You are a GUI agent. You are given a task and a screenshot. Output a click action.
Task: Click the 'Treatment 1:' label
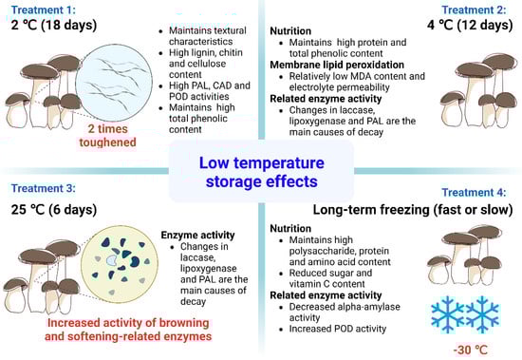tap(44, 9)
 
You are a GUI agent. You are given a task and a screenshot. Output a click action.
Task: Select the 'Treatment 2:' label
tap(474, 9)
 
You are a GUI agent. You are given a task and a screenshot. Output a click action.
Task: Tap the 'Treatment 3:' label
tap(44, 188)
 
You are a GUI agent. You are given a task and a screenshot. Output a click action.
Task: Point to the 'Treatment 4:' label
tap(474, 192)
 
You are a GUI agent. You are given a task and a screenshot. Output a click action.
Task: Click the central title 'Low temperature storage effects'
tap(261, 172)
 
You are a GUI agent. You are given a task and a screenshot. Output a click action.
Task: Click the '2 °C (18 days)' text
tap(54, 25)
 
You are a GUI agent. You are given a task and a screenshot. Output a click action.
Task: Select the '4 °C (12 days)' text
tap(470, 25)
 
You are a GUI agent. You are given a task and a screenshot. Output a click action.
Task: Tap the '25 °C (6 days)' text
tap(54, 210)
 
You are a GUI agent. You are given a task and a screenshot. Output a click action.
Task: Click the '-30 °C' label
tap(470, 350)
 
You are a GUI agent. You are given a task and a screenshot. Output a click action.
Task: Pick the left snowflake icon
tap(447, 314)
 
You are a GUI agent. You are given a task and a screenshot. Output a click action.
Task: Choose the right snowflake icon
tap(482, 314)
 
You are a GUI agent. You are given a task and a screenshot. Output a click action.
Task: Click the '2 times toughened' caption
tap(107, 136)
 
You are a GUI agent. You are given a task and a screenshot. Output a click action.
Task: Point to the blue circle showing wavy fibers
tap(114, 82)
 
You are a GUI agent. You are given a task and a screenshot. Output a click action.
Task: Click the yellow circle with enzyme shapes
tap(120, 264)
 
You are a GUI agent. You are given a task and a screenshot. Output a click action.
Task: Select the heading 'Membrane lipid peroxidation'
tap(337, 65)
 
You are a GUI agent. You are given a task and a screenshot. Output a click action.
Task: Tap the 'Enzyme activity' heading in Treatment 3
tap(197, 235)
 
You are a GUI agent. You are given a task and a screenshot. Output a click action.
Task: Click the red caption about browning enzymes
tap(128, 330)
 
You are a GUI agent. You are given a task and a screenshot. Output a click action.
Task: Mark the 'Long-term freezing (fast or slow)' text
tap(413, 210)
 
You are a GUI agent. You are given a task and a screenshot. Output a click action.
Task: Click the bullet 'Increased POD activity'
tap(338, 329)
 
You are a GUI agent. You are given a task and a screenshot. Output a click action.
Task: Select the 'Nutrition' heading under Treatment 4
tap(290, 228)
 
